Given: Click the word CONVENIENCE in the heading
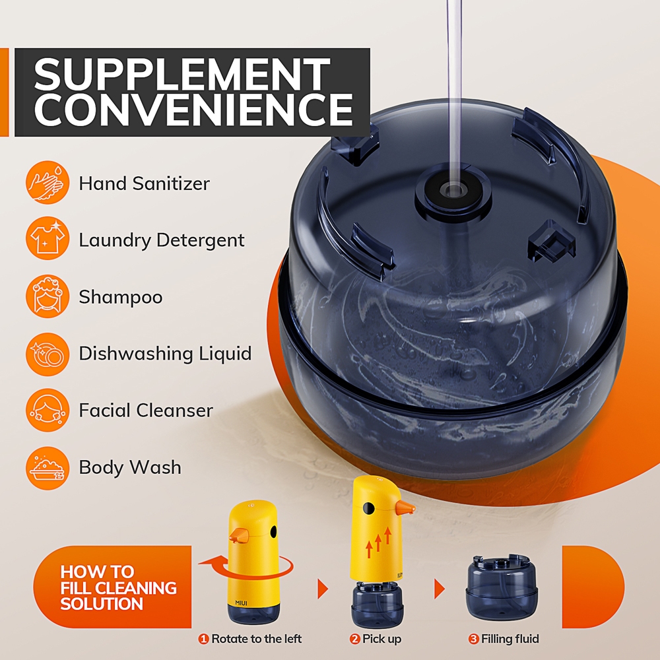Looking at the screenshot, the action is tap(193, 109).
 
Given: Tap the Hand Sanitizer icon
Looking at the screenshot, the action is tap(48, 182).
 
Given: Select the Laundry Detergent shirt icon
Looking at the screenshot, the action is tap(48, 239).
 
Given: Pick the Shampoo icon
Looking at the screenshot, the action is tap(48, 296).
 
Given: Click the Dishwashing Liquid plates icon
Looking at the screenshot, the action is tap(48, 354).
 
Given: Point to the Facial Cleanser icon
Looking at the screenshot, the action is tap(48, 411).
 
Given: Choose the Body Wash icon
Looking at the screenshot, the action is tap(48, 468).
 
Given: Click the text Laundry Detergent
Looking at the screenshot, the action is tap(162, 240).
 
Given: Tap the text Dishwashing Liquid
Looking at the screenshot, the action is tap(165, 354).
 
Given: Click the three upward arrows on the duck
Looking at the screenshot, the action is tap(378, 542).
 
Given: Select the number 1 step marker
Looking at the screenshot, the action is tap(204, 639).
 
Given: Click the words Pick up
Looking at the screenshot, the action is tap(381, 640).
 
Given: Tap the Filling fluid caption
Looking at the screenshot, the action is tap(510, 639).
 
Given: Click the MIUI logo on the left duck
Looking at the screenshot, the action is tap(241, 603).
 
